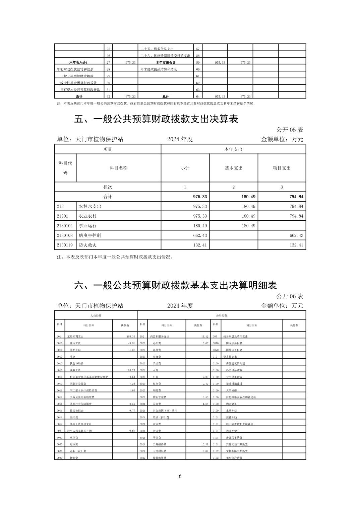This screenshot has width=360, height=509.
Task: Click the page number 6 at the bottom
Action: click(x=180, y=476)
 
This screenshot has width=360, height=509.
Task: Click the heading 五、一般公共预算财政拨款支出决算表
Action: click(x=156, y=119)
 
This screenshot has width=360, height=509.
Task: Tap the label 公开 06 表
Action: click(x=290, y=296)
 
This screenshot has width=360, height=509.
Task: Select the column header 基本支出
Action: click(x=233, y=168)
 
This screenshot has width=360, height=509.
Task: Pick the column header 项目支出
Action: click(x=282, y=168)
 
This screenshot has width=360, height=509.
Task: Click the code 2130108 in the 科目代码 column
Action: click(x=65, y=235)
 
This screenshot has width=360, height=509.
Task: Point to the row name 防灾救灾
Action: click(x=87, y=245)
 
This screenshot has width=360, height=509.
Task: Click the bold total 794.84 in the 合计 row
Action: click(x=296, y=197)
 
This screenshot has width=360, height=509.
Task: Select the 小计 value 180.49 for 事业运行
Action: click(x=200, y=226)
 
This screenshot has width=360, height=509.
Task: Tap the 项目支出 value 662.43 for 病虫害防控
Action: click(x=296, y=235)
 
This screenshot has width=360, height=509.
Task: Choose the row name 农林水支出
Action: click(x=90, y=207)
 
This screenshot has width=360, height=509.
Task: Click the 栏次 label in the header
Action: click(x=108, y=187)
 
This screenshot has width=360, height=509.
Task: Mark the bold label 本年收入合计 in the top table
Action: click(x=79, y=63)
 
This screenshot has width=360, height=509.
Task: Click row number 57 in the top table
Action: click(x=198, y=49)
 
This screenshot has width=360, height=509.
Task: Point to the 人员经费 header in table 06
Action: click(x=96, y=315)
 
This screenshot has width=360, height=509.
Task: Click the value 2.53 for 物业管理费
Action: click(x=205, y=397)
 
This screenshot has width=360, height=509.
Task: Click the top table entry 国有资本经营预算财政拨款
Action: click(x=80, y=90)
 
